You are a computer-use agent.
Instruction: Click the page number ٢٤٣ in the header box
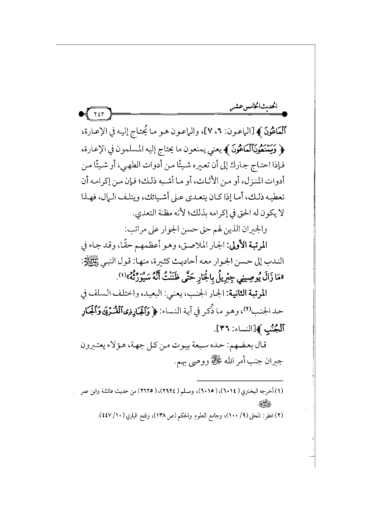[x=98, y=114]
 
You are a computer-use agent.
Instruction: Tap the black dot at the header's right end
[x=284, y=114]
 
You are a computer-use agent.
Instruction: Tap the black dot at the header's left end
[x=81, y=114]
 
